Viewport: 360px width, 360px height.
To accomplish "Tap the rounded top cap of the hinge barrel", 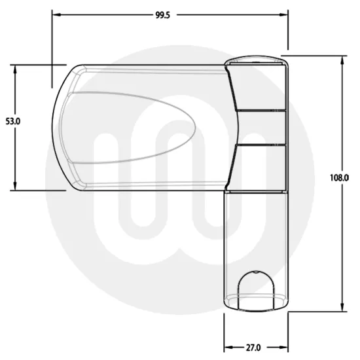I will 256,63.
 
